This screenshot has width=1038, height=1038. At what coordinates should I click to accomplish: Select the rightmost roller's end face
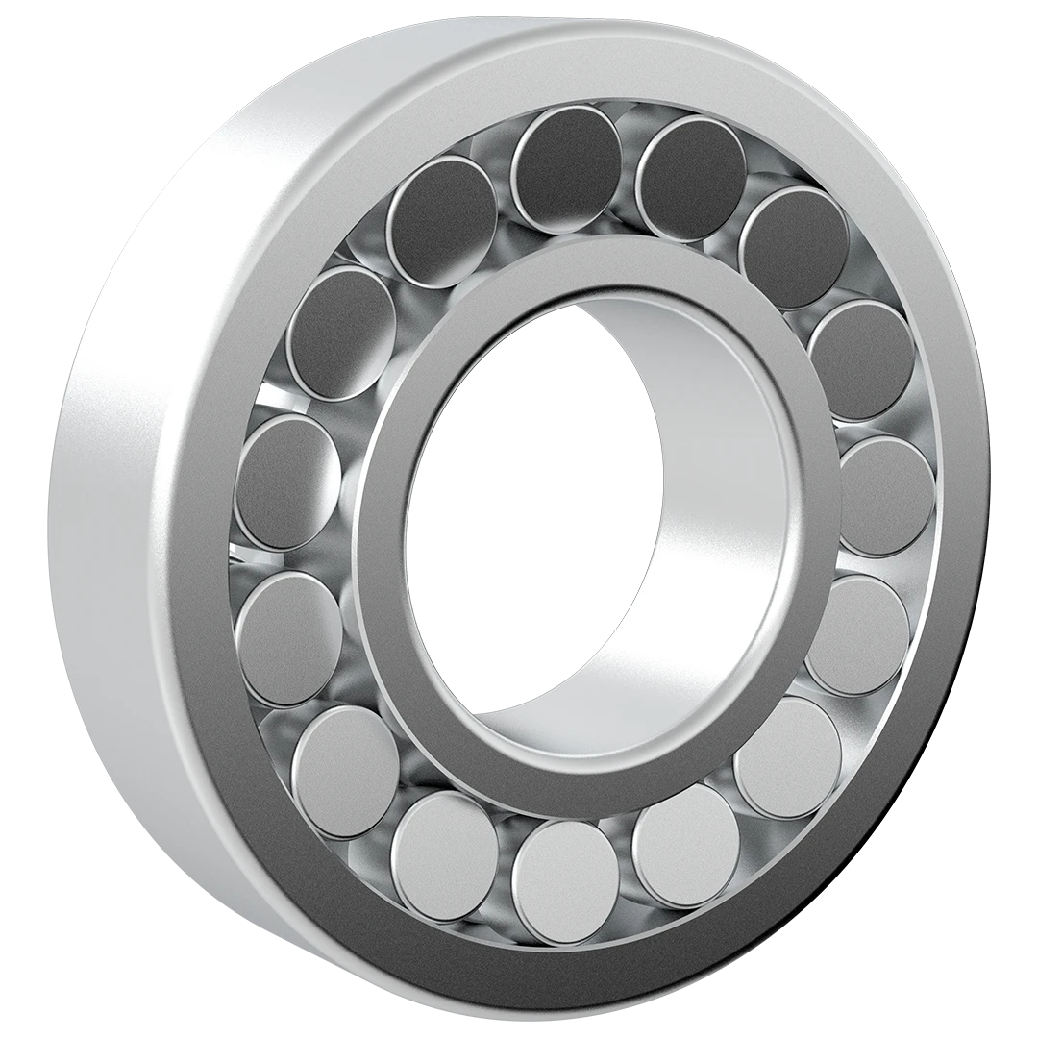886,495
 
